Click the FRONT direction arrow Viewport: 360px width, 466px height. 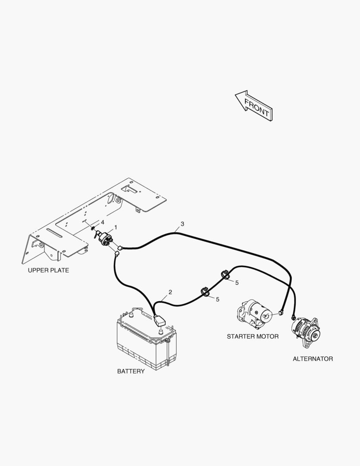click(254, 106)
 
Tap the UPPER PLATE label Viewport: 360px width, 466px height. click(48, 271)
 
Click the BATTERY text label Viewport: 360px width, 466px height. click(131, 372)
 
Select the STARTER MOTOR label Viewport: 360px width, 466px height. click(253, 337)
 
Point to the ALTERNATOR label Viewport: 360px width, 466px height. click(313, 359)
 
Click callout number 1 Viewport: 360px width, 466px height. click(116, 227)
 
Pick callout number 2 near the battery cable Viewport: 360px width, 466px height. click(170, 292)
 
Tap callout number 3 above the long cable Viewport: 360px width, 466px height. click(182, 224)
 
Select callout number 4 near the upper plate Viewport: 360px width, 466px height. click(103, 222)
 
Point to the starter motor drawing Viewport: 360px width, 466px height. click(254, 314)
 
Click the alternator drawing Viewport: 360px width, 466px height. click(306, 332)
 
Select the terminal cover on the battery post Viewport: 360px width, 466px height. click(159, 320)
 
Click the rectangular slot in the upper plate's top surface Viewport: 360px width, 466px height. click(128, 189)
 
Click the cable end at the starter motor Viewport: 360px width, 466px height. click(280, 312)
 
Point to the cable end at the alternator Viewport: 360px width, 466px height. click(294, 317)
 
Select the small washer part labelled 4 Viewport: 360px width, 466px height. click(93, 228)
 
